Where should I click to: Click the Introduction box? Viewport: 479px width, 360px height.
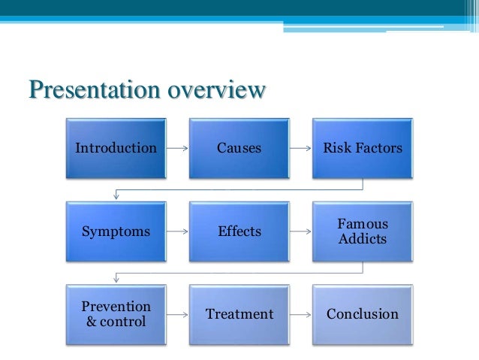pyautogui.click(x=116, y=148)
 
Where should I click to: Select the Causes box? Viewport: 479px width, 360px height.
pyautogui.click(x=239, y=148)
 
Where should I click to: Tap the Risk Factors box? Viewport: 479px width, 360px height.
pyautogui.click(x=363, y=148)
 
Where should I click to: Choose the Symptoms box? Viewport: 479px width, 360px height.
pyautogui.click(x=116, y=231)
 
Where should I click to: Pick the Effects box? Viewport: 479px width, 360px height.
pyautogui.click(x=239, y=231)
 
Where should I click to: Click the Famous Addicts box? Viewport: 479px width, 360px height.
pyautogui.click(x=363, y=231)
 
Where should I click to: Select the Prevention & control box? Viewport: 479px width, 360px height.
pyautogui.click(x=116, y=314)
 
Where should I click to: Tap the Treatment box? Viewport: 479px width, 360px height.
pyautogui.click(x=239, y=314)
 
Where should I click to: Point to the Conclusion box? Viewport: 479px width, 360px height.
pyautogui.click(x=363, y=314)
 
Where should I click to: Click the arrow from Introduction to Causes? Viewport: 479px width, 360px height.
pyautogui.click(x=177, y=148)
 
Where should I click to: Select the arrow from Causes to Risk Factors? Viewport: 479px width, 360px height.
pyautogui.click(x=301, y=148)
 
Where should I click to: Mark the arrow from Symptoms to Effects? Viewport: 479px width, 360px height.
pyautogui.click(x=177, y=231)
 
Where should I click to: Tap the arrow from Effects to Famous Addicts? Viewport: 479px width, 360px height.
pyautogui.click(x=301, y=231)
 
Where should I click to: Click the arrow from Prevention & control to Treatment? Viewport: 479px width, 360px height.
pyautogui.click(x=177, y=314)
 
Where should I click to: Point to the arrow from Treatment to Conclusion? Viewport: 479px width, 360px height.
pyautogui.click(x=301, y=314)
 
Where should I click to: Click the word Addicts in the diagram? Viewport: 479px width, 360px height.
pyautogui.click(x=363, y=239)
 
